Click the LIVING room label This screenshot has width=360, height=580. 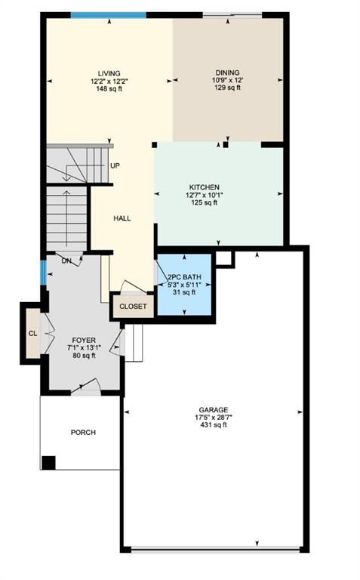[109, 73]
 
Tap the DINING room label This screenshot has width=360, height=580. [227, 72]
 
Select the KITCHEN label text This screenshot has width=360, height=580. [205, 187]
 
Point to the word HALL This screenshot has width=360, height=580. [122, 218]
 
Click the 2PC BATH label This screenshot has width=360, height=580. [184, 277]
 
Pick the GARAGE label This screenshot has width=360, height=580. [214, 410]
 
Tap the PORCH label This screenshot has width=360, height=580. [83, 433]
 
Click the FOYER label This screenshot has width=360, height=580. [84, 341]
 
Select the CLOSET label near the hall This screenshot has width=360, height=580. [133, 307]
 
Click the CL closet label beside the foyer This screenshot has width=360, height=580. [33, 333]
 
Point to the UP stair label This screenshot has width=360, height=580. [115, 165]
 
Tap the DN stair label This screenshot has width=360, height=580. [66, 261]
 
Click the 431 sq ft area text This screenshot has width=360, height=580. [214, 424]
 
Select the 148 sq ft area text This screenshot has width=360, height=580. [109, 88]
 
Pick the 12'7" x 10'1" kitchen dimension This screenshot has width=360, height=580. [205, 195]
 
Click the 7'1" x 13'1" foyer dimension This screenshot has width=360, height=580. [84, 347]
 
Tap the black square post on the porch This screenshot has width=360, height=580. [48, 462]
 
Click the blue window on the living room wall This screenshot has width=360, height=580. [108, 15]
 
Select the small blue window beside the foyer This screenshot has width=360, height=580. [43, 273]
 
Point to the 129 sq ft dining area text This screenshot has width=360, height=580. [227, 88]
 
